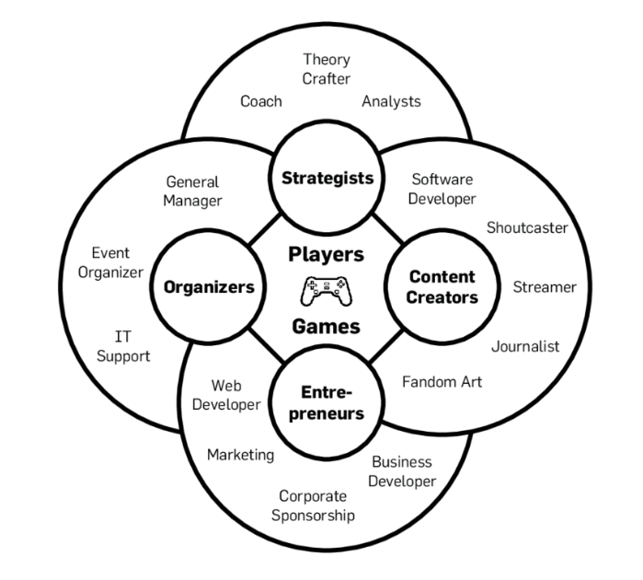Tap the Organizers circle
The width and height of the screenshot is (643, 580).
[x=209, y=287]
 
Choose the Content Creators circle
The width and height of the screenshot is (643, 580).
[x=442, y=286]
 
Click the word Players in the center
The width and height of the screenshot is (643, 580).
[x=326, y=254]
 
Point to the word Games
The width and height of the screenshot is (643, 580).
[x=326, y=325]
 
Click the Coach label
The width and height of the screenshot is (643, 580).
[x=261, y=101]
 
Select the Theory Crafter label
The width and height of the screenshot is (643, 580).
[x=327, y=69]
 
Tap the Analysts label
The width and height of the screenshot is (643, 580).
[x=391, y=101]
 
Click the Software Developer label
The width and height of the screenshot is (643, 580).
[x=442, y=189]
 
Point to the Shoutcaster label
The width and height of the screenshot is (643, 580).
[x=527, y=227]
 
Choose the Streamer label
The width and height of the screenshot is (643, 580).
[x=545, y=287]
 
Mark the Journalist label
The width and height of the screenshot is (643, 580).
[x=525, y=346]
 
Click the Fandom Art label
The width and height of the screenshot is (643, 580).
[x=442, y=381]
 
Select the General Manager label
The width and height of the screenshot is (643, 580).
[x=193, y=191]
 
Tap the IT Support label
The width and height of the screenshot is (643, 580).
[x=123, y=346]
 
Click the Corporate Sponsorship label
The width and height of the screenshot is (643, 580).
[x=313, y=505]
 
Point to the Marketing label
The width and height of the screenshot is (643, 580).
[x=240, y=455]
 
